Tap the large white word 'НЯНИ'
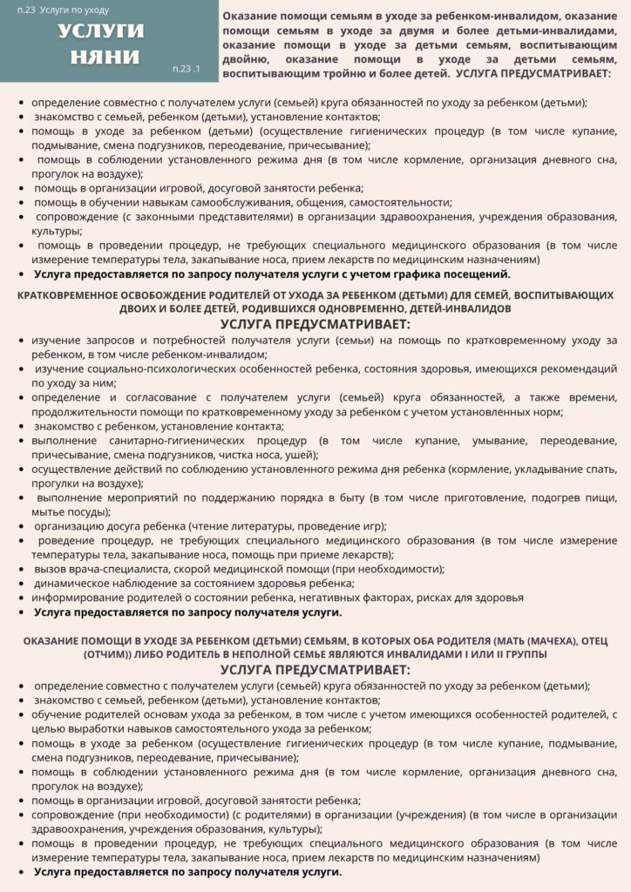tap(102, 56)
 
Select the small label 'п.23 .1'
tap(187, 69)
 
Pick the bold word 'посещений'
tap(479, 274)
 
